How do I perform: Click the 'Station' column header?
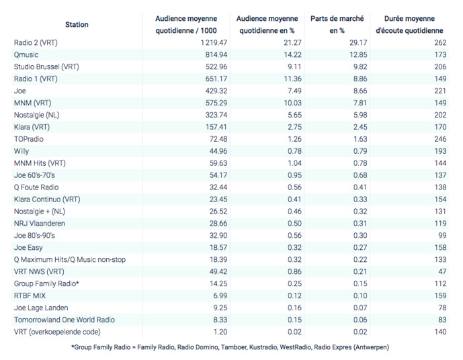click(x=77, y=25)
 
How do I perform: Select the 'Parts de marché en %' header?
click(x=337, y=25)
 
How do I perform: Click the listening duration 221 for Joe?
click(x=440, y=90)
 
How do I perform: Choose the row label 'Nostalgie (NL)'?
click(x=37, y=115)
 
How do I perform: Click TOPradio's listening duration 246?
click(x=440, y=138)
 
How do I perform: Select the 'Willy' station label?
click(x=22, y=150)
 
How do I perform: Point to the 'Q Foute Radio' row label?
click(x=36, y=187)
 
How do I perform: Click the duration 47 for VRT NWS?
click(x=442, y=271)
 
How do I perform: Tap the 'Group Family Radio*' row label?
click(x=46, y=283)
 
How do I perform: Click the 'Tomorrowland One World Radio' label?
click(x=65, y=320)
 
